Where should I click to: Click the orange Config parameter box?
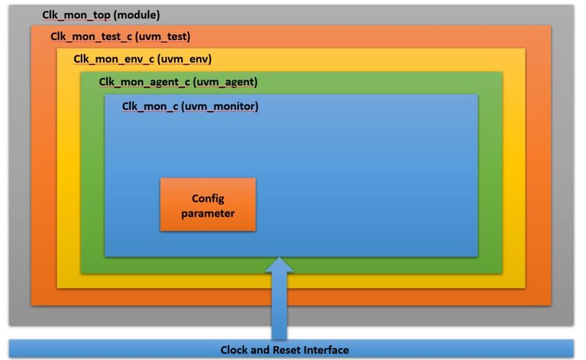pos(208,204)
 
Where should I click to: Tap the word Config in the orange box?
pos(208,198)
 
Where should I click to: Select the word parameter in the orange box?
pos(208,214)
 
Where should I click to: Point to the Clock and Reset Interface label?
pos(285,350)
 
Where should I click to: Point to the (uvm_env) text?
pos(182,59)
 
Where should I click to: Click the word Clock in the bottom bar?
pos(235,350)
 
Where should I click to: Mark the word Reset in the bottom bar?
pos(288,350)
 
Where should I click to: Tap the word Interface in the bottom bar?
pos(327,350)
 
